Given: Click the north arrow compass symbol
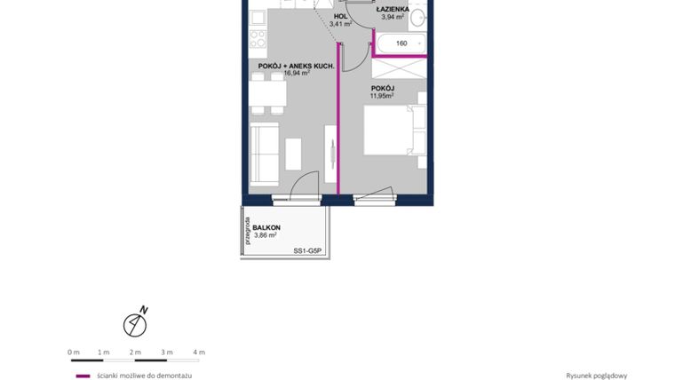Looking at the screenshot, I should tap(135, 324).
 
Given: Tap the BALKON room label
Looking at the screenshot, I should tap(266, 227).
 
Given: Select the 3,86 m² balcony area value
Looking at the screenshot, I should tap(266, 235).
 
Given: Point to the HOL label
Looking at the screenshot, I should tap(340, 16).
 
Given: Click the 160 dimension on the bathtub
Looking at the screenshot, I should tap(401, 43).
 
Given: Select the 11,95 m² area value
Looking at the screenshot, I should tap(382, 96).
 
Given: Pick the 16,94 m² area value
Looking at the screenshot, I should tap(297, 74).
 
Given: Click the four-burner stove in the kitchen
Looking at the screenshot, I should tap(258, 38).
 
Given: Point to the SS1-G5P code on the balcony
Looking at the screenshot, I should tap(310, 251).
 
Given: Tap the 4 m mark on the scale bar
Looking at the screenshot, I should tap(199, 352).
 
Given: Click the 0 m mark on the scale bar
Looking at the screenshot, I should tap(74, 352).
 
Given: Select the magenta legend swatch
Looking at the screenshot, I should tap(83, 376).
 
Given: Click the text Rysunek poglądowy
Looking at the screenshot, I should tap(597, 376).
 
